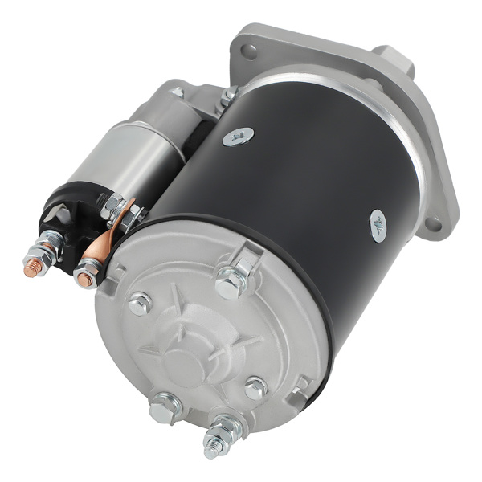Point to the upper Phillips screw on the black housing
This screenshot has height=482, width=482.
click(x=239, y=137)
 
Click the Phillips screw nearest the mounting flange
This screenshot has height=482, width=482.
click(x=378, y=226)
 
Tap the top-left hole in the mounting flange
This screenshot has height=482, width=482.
click(x=249, y=52)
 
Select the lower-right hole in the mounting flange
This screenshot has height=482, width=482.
click(x=435, y=223)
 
